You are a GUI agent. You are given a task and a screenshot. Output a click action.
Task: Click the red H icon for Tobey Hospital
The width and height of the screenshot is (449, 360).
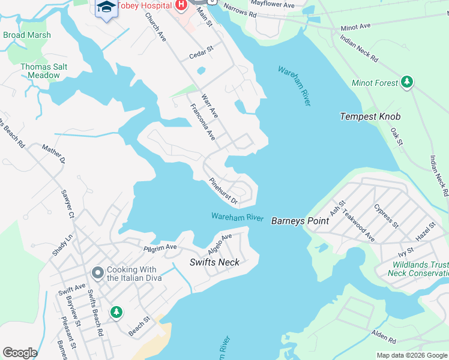179,5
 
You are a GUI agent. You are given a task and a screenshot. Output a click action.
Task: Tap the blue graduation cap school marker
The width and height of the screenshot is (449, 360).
106,8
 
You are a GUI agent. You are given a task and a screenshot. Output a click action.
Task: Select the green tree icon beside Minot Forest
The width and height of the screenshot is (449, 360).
408,82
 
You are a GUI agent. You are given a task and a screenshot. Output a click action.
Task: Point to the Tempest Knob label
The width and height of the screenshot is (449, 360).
370,116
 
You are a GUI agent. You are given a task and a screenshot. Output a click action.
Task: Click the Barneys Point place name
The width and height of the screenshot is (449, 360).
300,221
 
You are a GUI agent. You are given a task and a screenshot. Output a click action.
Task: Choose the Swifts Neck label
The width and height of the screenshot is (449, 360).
214,262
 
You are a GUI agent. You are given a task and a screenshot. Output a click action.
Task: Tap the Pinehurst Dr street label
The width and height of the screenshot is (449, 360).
223,191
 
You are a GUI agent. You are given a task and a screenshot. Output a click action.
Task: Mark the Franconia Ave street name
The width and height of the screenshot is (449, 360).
203,122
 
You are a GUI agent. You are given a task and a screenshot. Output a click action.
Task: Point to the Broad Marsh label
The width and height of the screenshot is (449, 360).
27,35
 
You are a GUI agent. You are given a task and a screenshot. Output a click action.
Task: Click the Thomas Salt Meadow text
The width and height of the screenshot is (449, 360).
40,71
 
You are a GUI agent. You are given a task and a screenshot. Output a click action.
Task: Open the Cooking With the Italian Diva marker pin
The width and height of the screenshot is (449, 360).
97,274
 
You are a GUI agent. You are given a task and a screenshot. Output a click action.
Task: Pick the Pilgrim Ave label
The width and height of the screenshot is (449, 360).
160,247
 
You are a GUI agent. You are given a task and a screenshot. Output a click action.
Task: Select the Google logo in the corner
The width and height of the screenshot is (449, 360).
20,353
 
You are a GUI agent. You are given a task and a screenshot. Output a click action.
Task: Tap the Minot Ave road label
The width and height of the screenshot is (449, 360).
357,28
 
